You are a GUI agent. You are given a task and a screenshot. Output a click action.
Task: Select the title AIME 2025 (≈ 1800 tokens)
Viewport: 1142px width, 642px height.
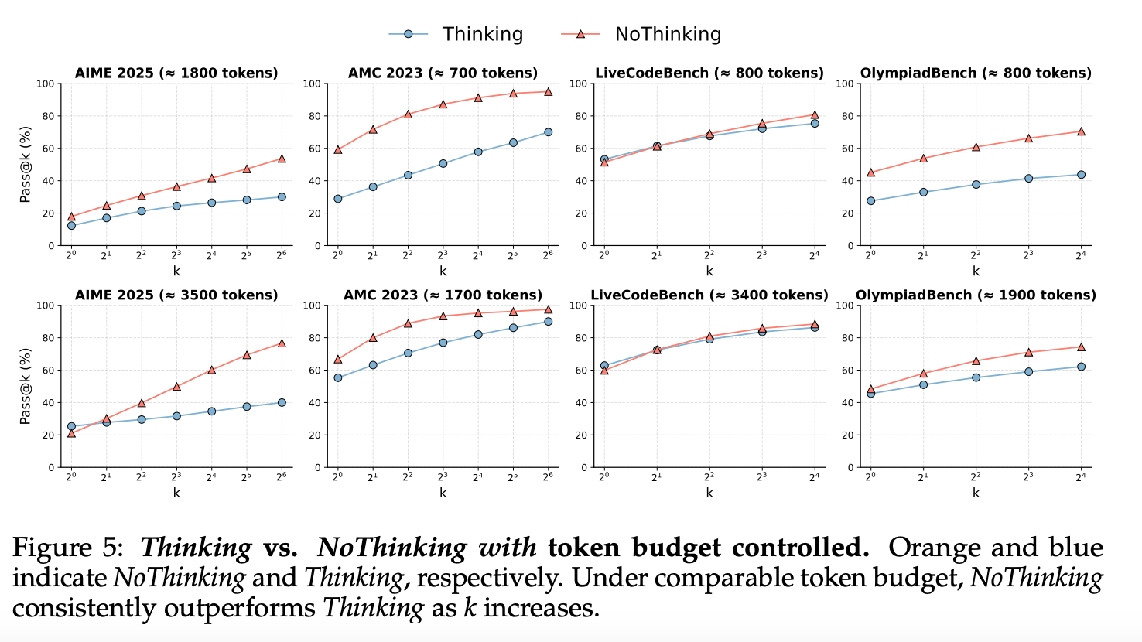pos(176,73)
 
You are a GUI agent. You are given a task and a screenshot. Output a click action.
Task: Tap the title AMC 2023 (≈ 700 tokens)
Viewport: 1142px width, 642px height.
pos(443,73)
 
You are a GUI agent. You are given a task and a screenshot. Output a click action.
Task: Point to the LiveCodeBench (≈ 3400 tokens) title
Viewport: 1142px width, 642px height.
pos(709,295)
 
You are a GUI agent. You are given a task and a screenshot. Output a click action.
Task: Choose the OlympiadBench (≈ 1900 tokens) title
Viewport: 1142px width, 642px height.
pos(976,295)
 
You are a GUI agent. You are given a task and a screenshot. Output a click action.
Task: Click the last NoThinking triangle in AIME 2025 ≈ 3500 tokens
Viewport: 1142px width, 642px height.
pos(282,343)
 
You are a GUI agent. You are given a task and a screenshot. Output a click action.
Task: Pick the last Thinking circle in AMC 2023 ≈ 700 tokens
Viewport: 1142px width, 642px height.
pos(548,132)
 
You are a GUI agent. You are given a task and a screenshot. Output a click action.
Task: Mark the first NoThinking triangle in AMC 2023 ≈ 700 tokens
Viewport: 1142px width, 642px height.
pos(337,149)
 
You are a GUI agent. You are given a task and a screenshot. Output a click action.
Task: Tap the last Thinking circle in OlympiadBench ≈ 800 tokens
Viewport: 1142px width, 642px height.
pos(1081,175)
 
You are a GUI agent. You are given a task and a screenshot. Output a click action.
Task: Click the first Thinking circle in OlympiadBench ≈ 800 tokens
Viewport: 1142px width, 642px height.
pos(870,201)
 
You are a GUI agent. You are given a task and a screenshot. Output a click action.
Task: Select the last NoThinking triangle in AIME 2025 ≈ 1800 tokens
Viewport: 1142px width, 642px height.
pos(282,159)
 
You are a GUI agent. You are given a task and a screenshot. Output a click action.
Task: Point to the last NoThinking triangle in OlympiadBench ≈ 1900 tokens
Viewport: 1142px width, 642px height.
pos(1081,347)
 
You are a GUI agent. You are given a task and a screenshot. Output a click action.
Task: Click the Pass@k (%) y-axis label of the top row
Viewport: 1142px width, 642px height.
pos(26,165)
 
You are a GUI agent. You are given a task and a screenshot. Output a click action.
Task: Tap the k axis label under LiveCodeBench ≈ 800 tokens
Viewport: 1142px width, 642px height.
pos(709,271)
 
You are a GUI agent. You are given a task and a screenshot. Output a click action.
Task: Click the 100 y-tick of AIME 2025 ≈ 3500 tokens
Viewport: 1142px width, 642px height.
pos(46,306)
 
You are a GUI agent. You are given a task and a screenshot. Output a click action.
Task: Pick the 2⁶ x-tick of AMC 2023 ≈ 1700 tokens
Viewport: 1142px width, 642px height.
pos(548,477)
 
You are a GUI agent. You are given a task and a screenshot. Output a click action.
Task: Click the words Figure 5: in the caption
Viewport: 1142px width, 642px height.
pos(68,548)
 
